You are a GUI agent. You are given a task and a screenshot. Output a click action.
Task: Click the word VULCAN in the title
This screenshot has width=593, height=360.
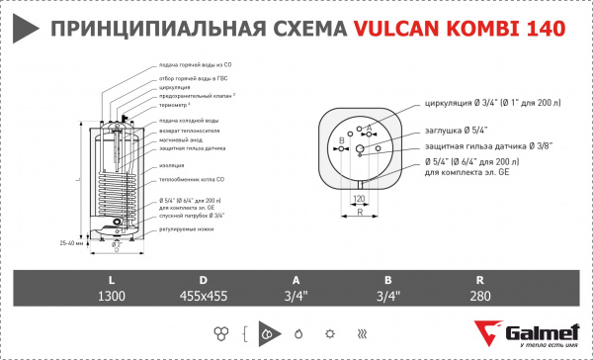coord(390,31)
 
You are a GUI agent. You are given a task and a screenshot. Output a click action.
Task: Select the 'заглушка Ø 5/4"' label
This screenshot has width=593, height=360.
coord(455,128)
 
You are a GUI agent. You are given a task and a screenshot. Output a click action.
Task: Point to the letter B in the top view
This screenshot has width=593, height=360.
coord(341,139)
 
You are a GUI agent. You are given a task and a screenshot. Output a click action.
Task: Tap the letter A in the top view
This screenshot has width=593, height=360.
coord(370,128)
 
